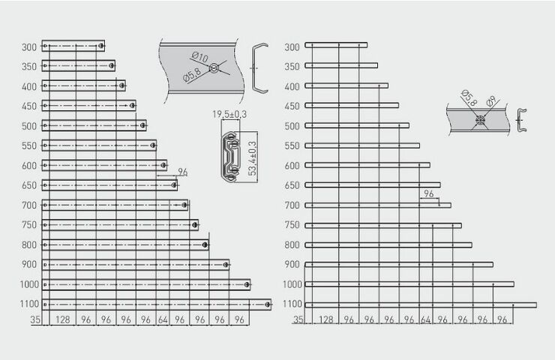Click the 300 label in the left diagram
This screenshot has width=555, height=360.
click(x=29, y=47)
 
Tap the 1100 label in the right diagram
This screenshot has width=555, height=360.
click(x=292, y=304)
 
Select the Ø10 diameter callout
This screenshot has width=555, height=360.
click(x=200, y=57)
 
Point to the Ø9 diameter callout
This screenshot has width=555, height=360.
click(x=491, y=101)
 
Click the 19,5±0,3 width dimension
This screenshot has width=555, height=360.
click(x=229, y=114)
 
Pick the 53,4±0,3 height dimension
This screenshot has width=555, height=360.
click(x=252, y=158)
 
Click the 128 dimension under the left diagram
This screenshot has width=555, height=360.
click(x=63, y=319)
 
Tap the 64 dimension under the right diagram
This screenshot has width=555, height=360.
click(x=426, y=319)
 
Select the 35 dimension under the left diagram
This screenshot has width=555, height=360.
click(x=35, y=319)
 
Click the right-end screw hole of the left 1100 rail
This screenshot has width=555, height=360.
click(x=268, y=304)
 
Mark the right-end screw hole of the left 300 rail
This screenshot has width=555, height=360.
click(x=101, y=46)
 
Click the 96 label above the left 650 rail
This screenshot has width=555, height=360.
click(x=183, y=172)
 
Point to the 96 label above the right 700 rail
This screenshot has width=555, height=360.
click(x=429, y=193)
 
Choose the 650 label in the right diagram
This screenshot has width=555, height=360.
click(x=292, y=185)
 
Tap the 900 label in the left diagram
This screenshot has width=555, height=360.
click(x=29, y=265)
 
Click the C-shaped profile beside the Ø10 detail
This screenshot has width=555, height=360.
click(x=259, y=68)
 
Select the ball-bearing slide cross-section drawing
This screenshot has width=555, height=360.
click(x=230, y=157)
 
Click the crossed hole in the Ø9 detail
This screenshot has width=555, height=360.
click(x=480, y=120)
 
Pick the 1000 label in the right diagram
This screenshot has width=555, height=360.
click(x=292, y=284)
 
